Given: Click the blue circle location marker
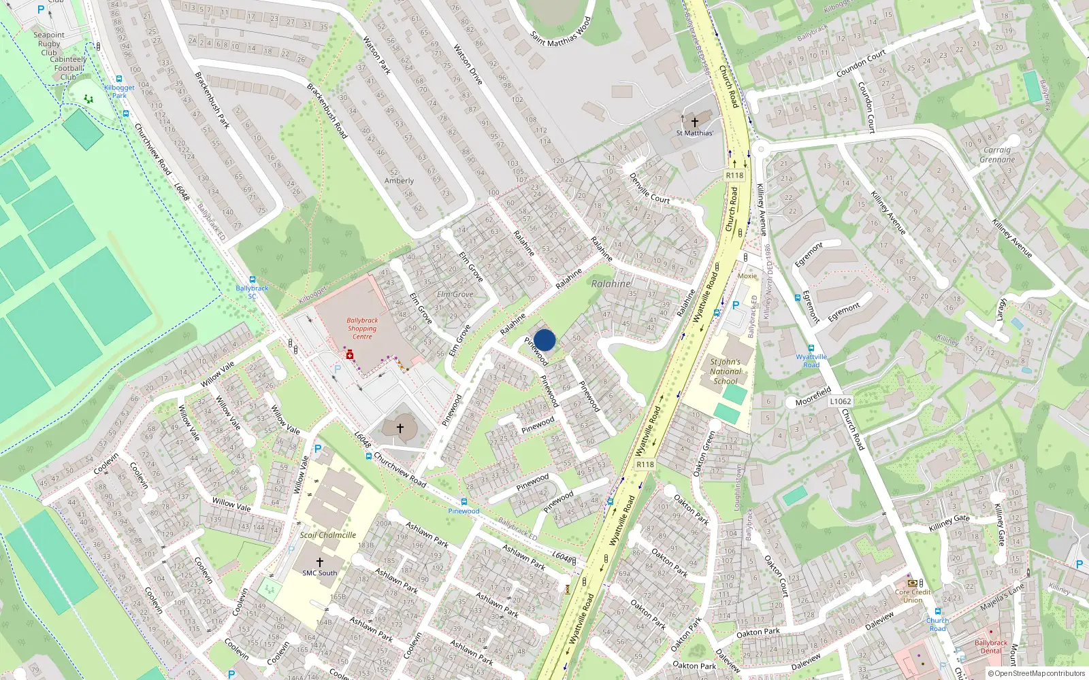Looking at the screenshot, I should tap(544, 340).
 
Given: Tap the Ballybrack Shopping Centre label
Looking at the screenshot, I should tap(362, 328).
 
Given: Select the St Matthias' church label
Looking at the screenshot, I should tap(694, 133).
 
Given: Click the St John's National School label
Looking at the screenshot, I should tap(725, 371).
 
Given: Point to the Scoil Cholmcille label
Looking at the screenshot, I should tap(328, 535).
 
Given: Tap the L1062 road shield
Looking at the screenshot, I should tap(840, 401).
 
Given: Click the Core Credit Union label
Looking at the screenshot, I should tap(913, 596).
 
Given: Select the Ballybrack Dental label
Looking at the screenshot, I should tap(990, 647).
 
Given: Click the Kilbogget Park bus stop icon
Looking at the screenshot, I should tap(119, 79).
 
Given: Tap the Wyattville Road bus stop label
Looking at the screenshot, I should tap(811, 360).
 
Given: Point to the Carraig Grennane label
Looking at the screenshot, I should tap(997, 155).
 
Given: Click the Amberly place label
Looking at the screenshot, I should tap(399, 181).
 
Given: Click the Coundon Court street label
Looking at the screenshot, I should tap(861, 63).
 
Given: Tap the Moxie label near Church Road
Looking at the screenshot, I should tap(747, 276).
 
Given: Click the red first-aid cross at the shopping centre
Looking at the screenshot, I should tap(350, 356).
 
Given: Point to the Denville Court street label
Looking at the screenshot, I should tap(649, 188).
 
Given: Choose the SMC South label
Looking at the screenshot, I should tap(319, 573).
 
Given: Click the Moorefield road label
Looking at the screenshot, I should tap(813, 396).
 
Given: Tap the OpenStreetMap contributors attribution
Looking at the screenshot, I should tap(1036, 674).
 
